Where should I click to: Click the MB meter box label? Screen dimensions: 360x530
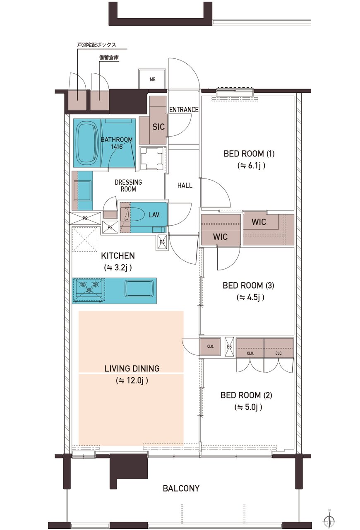click(x=153, y=79)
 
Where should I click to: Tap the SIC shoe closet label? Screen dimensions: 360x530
click(x=158, y=127)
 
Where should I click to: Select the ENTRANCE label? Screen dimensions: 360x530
click(x=184, y=110)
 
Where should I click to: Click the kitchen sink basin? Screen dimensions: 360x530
click(x=139, y=289)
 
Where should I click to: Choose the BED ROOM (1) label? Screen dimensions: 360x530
click(x=249, y=154)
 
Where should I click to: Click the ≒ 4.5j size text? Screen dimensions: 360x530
click(x=250, y=297)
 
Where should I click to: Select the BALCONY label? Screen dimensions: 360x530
click(x=181, y=488)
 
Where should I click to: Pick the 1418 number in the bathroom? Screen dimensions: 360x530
click(x=117, y=147)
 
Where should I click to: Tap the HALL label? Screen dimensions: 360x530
click(x=185, y=185)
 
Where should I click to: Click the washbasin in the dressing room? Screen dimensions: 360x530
click(x=82, y=191)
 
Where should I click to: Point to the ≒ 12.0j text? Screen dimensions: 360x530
click(x=132, y=381)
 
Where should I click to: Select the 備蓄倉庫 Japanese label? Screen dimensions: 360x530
click(x=109, y=58)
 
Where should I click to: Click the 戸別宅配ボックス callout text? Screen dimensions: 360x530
click(x=97, y=45)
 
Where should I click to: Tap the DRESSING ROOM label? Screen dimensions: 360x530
click(x=128, y=185)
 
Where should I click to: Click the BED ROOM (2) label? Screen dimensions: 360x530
click(x=246, y=395)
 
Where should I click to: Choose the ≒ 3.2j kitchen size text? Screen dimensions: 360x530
click(x=118, y=267)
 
